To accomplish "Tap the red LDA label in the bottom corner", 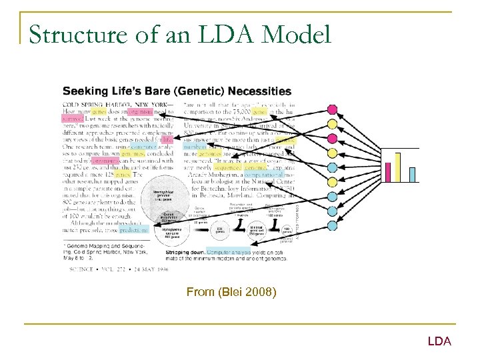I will click(x=439, y=341).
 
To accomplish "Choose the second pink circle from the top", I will click(x=332, y=139).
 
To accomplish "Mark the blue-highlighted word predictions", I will click(x=135, y=229).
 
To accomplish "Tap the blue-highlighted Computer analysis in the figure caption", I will click(x=229, y=253).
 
